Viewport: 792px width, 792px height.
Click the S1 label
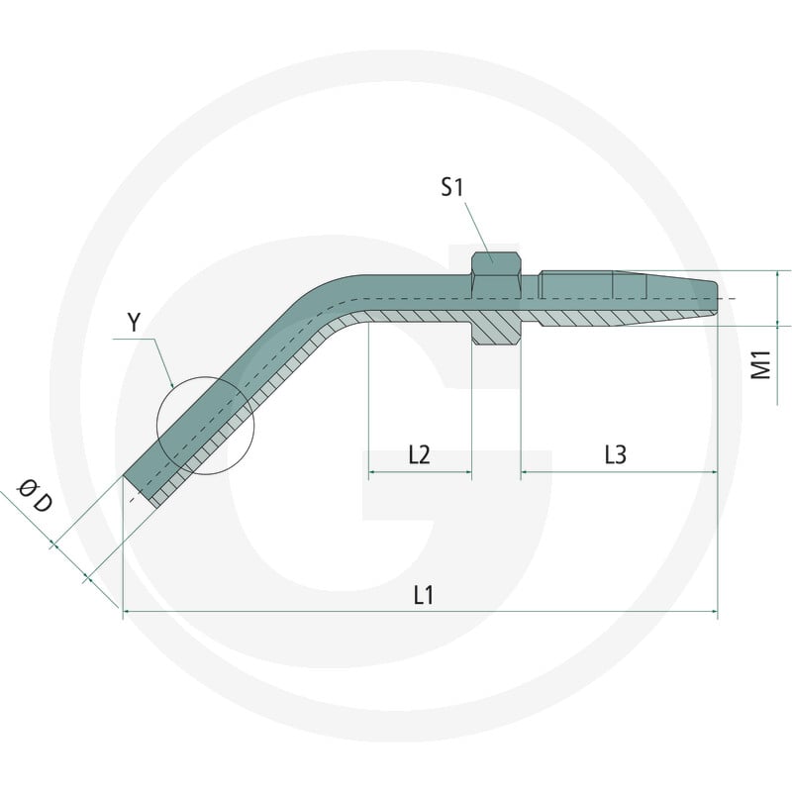point(451,187)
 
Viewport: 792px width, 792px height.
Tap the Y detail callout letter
point(134,323)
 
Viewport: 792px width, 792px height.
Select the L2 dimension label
point(419,454)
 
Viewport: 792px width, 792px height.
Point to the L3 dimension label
point(615,454)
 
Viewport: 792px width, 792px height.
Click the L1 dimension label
point(424,595)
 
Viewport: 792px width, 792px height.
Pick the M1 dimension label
point(761,364)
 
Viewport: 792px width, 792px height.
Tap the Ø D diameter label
point(35,496)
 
